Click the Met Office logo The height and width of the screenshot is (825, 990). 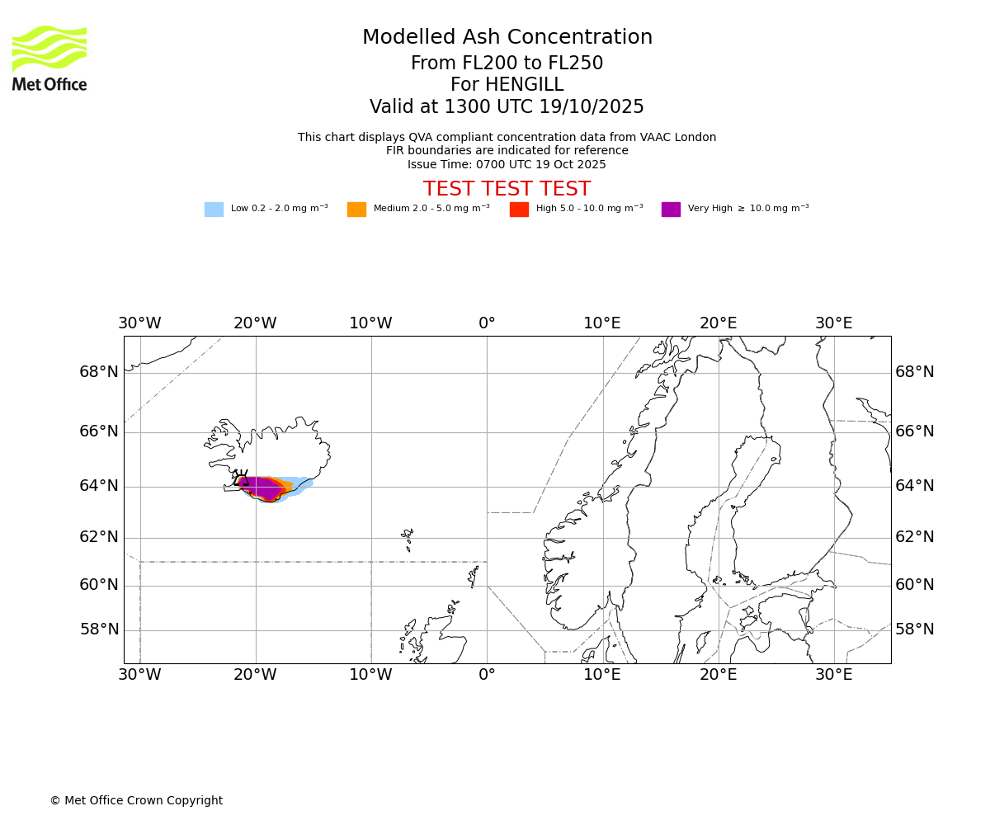click(49, 59)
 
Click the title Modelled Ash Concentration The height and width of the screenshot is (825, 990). click(507, 38)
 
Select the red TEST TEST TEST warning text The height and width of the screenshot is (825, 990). click(507, 190)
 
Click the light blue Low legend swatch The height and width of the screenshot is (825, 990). click(214, 210)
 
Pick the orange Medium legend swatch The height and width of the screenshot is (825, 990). click(356, 210)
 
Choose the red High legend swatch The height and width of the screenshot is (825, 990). click(519, 210)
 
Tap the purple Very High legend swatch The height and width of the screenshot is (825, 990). click(671, 210)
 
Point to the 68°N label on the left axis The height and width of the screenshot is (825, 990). click(99, 372)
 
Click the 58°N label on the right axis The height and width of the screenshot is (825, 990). click(915, 629)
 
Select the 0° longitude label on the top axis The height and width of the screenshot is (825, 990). click(487, 323)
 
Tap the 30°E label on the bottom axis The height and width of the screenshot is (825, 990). click(833, 675)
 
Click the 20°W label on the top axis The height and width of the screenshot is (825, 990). click(255, 323)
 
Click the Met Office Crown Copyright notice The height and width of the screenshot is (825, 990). click(136, 801)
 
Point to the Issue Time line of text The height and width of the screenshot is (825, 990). click(507, 165)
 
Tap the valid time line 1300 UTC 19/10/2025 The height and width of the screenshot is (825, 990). click(507, 107)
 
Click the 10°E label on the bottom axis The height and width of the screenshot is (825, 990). click(602, 675)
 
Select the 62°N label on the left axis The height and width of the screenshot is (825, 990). click(99, 537)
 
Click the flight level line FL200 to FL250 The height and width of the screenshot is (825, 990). click(507, 64)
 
